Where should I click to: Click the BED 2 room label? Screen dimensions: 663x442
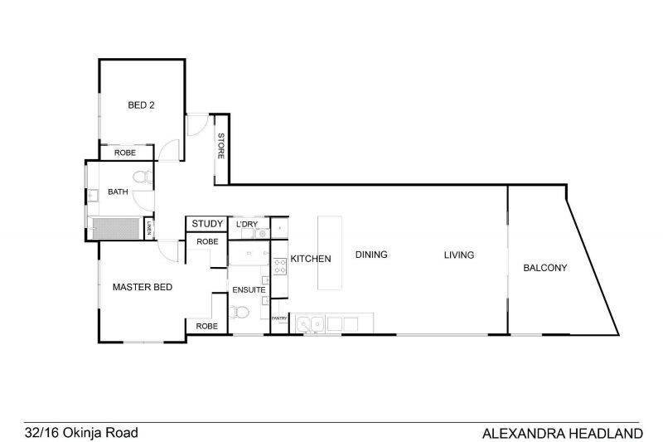pyautogui.click(x=141, y=104)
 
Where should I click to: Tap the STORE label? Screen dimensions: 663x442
pyautogui.click(x=220, y=146)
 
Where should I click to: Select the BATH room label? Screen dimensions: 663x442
pyautogui.click(x=118, y=192)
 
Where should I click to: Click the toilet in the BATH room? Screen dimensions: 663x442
pyautogui.click(x=143, y=176)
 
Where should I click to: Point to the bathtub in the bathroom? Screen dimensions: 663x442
pyautogui.click(x=115, y=228)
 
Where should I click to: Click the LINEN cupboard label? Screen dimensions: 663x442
pyautogui.click(x=149, y=228)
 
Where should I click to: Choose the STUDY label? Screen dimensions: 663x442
pyautogui.click(x=207, y=224)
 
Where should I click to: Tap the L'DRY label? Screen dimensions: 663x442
pyautogui.click(x=247, y=224)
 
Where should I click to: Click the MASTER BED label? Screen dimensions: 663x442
pyautogui.click(x=143, y=287)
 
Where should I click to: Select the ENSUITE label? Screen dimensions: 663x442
pyautogui.click(x=249, y=289)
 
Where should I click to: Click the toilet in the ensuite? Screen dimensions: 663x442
pyautogui.click(x=239, y=313)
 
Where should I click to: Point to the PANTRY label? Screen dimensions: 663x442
pyautogui.click(x=279, y=318)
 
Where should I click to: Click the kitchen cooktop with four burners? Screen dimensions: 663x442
pyautogui.click(x=279, y=266)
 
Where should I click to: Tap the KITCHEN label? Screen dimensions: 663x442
pyautogui.click(x=311, y=259)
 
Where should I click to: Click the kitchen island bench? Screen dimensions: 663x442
pyautogui.click(x=330, y=253)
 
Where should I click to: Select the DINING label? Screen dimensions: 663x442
pyautogui.click(x=371, y=255)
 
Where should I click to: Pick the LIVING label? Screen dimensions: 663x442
pyautogui.click(x=459, y=255)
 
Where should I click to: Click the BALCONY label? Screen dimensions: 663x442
pyautogui.click(x=545, y=268)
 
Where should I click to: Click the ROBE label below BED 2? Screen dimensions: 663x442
pyautogui.click(x=125, y=153)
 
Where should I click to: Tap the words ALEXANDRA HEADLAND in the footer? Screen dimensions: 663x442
pyautogui.click(x=563, y=434)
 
